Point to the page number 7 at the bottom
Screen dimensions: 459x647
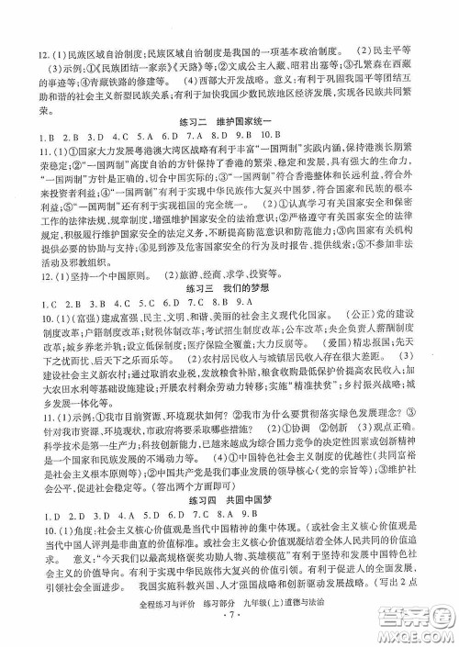(229, 631)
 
